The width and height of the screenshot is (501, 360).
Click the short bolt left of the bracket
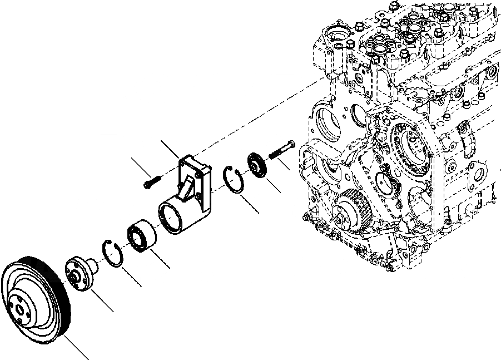[151, 182]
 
